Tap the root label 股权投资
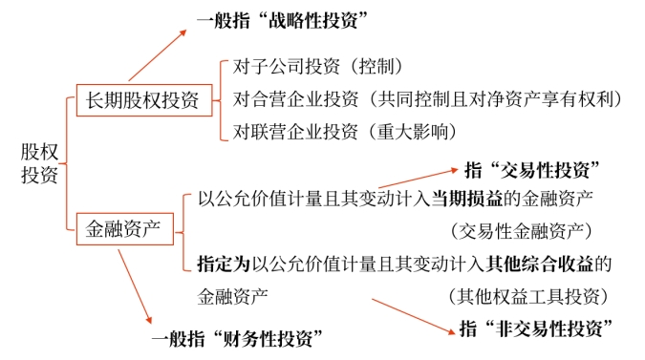click(37, 163)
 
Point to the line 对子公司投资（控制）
click(318, 68)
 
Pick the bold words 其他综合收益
click(548, 261)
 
